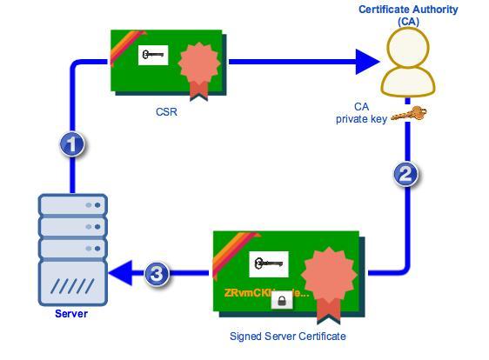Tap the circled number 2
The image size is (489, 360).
point(404,174)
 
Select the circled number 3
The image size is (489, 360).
point(156,275)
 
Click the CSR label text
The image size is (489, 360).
point(166,111)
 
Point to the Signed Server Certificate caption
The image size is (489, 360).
point(287,336)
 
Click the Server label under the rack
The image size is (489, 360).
point(71,313)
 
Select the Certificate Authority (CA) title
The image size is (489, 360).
point(407,15)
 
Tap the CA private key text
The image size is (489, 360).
point(361,113)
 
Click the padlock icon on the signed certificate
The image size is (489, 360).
point(280,301)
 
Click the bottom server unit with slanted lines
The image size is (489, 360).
point(72,282)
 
